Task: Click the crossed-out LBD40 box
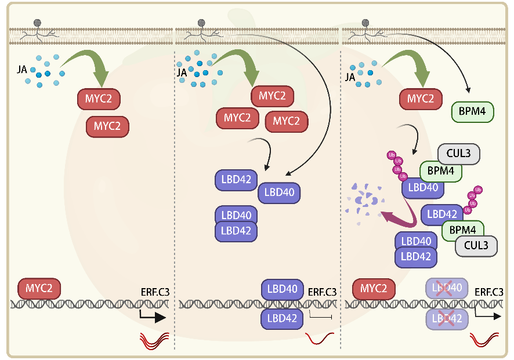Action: tap(447, 288)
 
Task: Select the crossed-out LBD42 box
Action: tap(447, 318)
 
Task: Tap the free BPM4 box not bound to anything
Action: tap(472, 111)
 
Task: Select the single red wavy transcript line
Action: tap(320, 338)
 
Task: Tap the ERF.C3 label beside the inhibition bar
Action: tap(322, 293)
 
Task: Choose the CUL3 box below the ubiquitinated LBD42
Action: tap(476, 245)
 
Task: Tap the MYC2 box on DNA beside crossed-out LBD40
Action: tap(374, 288)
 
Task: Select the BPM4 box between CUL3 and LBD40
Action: tap(441, 171)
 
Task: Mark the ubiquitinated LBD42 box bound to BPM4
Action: tap(442, 214)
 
